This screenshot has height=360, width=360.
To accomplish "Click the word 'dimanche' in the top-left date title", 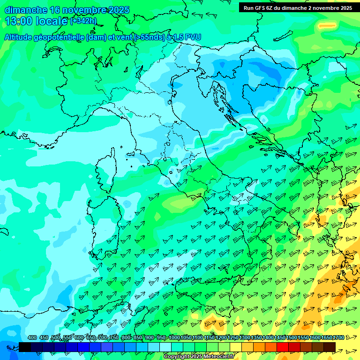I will click(x=26, y=10).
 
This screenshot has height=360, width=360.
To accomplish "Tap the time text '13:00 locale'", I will click(x=37, y=21).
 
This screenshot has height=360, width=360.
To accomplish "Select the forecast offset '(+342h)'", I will click(x=83, y=21).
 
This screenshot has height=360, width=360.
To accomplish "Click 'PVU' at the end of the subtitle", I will click(x=193, y=37).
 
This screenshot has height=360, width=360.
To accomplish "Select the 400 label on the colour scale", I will click(x=32, y=337).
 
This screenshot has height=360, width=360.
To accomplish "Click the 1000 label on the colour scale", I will click(x=174, y=337).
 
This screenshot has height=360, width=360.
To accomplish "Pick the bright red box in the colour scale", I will click(x=283, y=347).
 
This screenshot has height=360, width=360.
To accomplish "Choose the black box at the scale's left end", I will click(x=25, y=347).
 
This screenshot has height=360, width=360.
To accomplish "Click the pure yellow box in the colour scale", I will click(x=236, y=347).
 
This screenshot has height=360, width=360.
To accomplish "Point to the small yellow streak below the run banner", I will click(x=327, y=26).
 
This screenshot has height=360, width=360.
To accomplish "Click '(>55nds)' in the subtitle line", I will click(x=149, y=37).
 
